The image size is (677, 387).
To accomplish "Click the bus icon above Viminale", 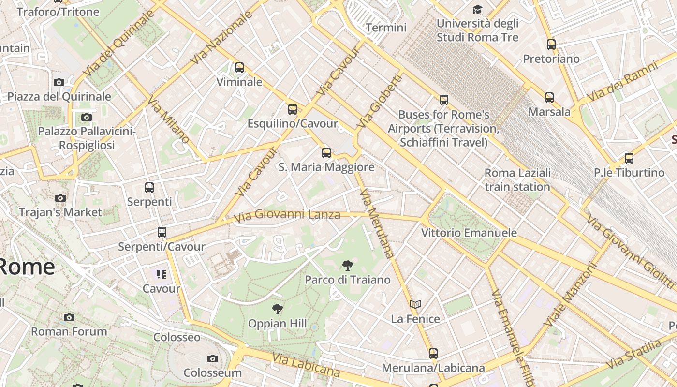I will tap(239, 68).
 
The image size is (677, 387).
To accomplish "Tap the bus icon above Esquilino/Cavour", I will tap(293, 109).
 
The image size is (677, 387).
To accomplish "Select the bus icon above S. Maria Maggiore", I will tap(326, 153).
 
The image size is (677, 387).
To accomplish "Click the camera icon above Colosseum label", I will tap(212, 358).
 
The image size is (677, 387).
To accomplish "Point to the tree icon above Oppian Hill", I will tap(278, 309).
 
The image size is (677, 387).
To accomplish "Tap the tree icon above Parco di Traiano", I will tap(347, 265).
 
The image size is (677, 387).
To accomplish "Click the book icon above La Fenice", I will tap(415, 304).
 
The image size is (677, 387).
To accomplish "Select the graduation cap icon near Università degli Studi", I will tap(477, 9).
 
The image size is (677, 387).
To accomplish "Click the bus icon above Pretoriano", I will tap(551, 45).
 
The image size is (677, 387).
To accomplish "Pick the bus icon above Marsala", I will tap(549, 98).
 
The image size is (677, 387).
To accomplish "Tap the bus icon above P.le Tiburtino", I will tap(629, 158).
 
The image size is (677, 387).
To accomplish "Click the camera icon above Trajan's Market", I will tap(60, 198).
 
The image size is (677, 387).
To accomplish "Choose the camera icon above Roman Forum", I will tap(69, 317).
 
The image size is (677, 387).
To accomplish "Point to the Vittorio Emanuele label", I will tap(469, 233).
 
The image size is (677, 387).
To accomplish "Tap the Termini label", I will tap(386, 28).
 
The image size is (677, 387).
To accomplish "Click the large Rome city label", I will tap(27, 267).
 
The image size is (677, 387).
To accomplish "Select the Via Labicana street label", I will tap(306, 365).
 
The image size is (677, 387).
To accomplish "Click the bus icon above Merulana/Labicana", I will tap(433, 354).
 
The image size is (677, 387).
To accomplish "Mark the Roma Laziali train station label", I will tap(517, 179).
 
